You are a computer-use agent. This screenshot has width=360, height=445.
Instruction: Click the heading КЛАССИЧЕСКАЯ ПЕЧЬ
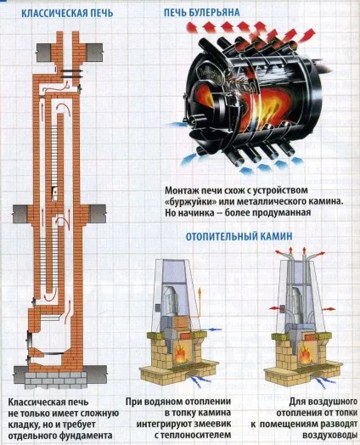[x=67, y=13]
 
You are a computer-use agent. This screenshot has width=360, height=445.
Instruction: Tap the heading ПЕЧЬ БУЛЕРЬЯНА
[x=202, y=12]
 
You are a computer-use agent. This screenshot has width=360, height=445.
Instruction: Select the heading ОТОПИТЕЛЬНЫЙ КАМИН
[x=239, y=236]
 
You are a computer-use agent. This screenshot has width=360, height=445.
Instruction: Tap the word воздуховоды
[x=330, y=435]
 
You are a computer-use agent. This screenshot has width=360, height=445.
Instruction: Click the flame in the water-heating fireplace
[x=180, y=354]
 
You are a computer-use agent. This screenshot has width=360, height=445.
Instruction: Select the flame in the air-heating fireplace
[x=306, y=355]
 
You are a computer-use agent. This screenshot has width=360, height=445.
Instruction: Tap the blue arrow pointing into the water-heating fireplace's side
[x=215, y=330]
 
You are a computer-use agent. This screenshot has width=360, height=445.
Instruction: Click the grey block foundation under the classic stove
[x=55, y=380]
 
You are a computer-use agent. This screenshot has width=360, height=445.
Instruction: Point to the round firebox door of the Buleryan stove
[x=203, y=103]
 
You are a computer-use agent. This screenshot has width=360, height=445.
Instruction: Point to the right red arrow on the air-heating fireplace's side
[x=329, y=308]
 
